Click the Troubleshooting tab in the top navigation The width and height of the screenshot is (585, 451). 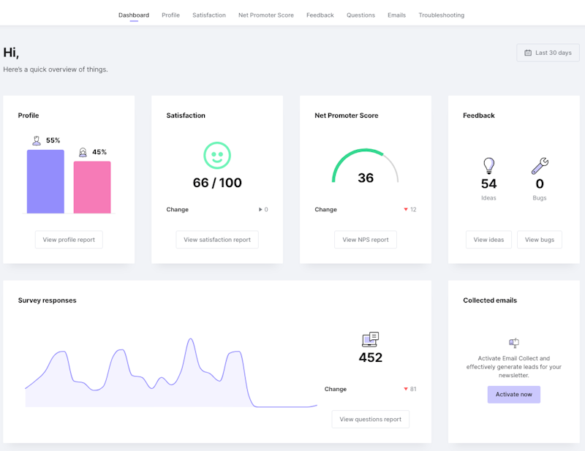(x=441, y=15)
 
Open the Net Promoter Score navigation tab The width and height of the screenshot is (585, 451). (x=266, y=15)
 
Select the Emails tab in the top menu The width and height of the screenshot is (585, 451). (x=396, y=15)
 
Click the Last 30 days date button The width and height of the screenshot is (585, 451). (x=548, y=53)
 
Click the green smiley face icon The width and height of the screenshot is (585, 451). (x=216, y=155)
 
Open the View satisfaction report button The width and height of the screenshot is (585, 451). (x=217, y=240)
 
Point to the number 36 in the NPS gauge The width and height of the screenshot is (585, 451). (x=366, y=178)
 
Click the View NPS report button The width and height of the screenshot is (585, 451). (x=366, y=240)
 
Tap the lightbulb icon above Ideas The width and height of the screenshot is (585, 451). (x=488, y=166)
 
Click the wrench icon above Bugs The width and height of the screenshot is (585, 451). (x=540, y=166)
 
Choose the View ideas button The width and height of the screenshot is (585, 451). (x=488, y=240)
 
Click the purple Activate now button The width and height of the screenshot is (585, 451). (x=513, y=395)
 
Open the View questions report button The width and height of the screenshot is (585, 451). (x=370, y=419)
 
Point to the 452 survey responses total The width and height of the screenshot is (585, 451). (x=370, y=357)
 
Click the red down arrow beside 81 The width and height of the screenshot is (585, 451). (x=406, y=389)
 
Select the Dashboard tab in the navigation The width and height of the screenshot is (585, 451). (x=134, y=15)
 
